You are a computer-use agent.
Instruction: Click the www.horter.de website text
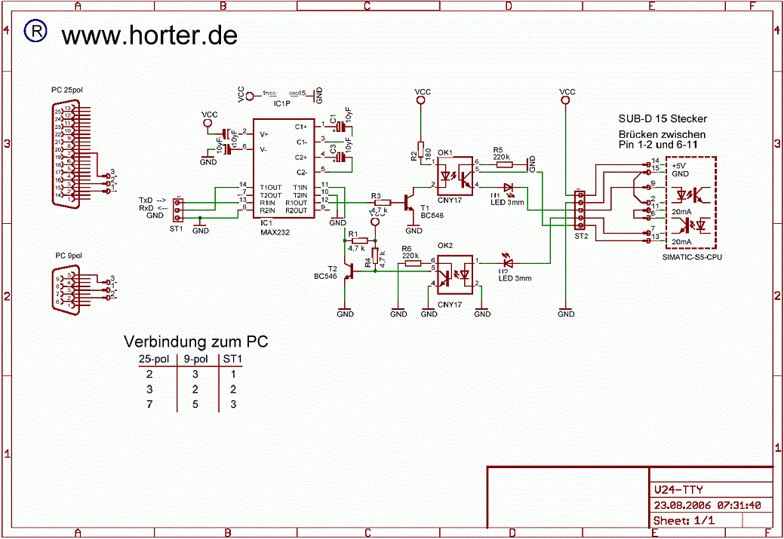(x=149, y=35)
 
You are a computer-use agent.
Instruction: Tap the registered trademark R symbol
(x=35, y=31)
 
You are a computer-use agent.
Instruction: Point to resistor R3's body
(x=382, y=202)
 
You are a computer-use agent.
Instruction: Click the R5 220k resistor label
(x=501, y=154)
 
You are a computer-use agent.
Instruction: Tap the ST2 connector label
(x=581, y=236)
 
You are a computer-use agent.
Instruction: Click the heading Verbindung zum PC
(x=195, y=341)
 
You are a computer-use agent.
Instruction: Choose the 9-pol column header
(x=196, y=360)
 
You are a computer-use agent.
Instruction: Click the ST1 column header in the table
(x=233, y=360)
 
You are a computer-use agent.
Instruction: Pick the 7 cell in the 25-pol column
(x=149, y=405)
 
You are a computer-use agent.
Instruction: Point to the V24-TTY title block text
(x=678, y=491)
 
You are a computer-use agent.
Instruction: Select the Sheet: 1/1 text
(x=684, y=521)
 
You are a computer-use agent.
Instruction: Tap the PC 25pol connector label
(x=67, y=90)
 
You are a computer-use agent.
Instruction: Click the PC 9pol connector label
(x=69, y=256)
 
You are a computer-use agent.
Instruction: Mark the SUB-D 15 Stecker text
(x=663, y=119)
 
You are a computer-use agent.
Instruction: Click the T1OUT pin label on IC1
(x=270, y=187)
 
